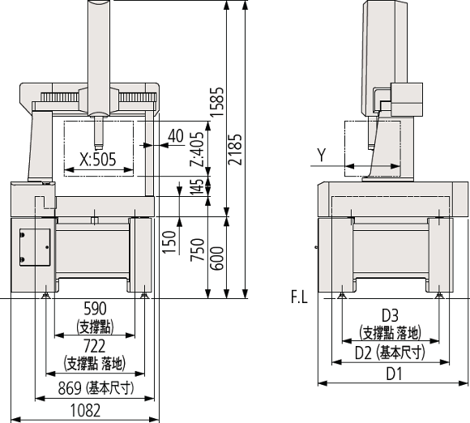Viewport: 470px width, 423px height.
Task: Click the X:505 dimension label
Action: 98,160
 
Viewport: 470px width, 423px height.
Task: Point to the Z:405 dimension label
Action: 197,149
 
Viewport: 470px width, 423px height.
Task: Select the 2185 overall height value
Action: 235,149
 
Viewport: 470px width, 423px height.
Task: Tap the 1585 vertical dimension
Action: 216,102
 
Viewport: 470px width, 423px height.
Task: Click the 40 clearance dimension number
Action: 176,136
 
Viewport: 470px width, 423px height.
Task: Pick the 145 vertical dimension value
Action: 197,186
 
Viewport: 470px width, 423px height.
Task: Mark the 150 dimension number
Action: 169,242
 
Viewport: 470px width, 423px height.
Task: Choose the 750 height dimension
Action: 197,250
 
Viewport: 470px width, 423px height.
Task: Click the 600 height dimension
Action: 216,258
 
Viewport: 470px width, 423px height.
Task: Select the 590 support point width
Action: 95,309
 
